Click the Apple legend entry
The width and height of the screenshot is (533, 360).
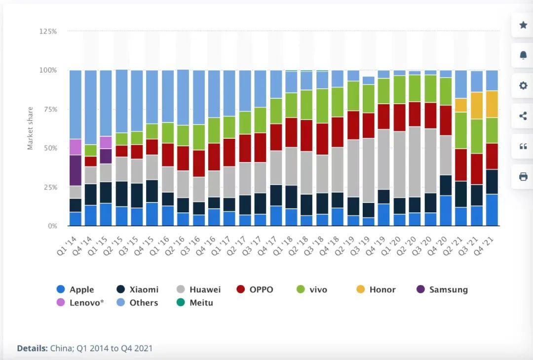click(x=75, y=290)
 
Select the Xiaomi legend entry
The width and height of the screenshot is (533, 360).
click(x=138, y=290)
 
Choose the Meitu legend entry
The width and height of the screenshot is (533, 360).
click(x=196, y=303)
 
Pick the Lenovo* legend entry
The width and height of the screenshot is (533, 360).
click(x=80, y=303)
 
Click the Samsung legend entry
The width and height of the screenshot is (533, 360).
click(x=442, y=290)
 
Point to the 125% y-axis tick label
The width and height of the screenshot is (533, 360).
click(x=48, y=31)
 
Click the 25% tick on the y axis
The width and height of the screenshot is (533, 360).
click(x=50, y=187)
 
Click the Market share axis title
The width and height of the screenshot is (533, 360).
click(x=30, y=128)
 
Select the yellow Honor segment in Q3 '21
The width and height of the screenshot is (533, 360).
click(x=477, y=105)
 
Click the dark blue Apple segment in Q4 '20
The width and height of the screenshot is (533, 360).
click(x=446, y=210)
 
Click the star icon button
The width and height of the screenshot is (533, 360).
click(x=523, y=25)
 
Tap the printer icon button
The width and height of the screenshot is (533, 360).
click(x=523, y=177)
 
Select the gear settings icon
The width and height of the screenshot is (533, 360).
click(x=523, y=86)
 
